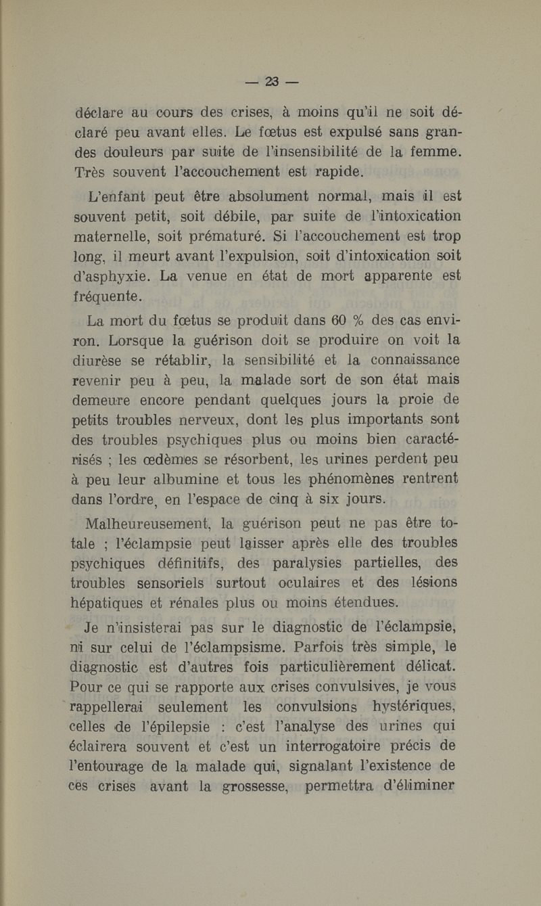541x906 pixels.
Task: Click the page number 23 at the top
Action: [272, 82]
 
